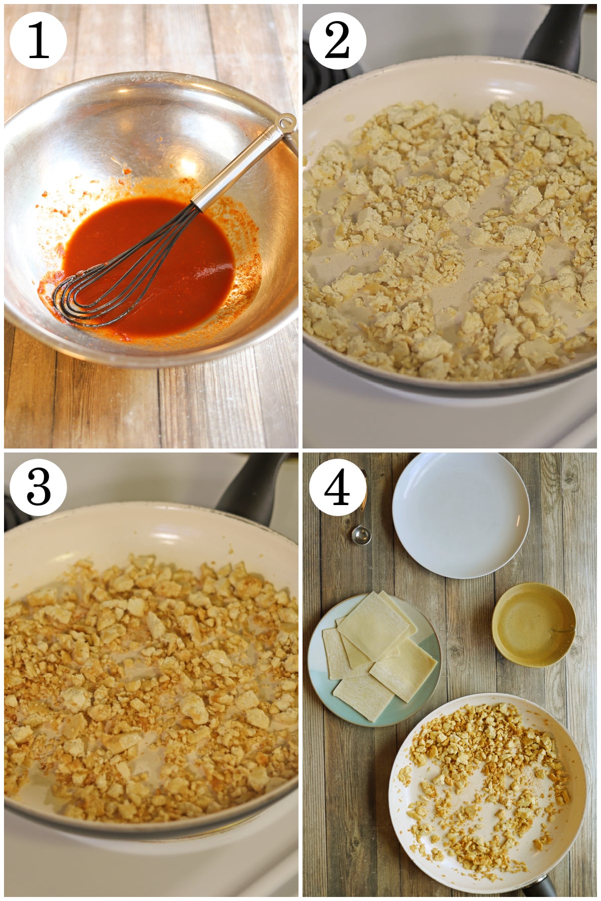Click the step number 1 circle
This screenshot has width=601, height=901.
(38, 41)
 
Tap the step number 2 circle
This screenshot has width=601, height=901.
(337, 41)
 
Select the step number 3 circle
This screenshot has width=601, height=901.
(38, 488)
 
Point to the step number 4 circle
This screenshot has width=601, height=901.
(337, 488)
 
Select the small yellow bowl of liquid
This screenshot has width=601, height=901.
(534, 624)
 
